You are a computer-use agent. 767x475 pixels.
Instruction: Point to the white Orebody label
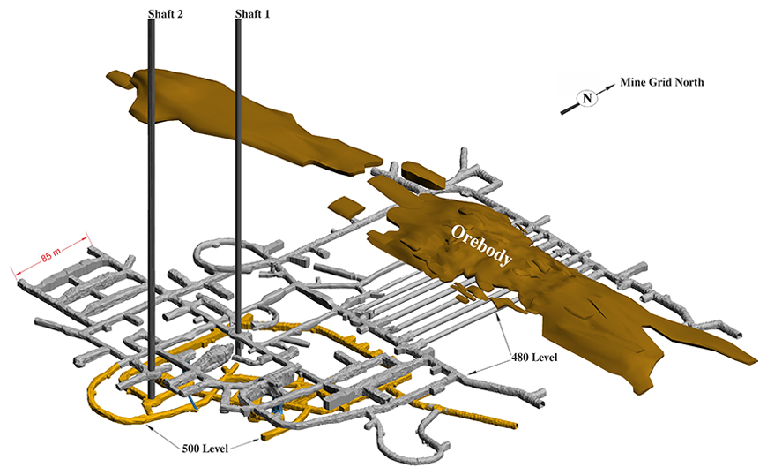pos(481,245)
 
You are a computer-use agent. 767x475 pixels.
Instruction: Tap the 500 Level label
pos(205,449)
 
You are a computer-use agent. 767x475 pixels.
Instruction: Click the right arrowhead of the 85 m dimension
pos(88,235)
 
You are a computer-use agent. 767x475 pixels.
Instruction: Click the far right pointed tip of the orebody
pos(754,361)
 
